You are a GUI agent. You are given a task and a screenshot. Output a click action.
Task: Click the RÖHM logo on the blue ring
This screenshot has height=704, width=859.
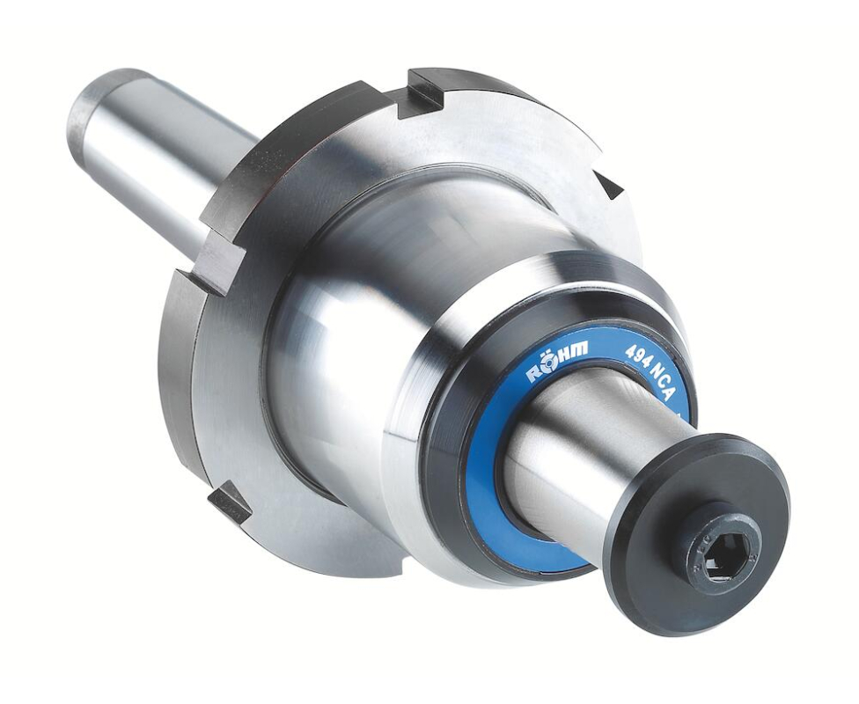pyautogui.click(x=557, y=359)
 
